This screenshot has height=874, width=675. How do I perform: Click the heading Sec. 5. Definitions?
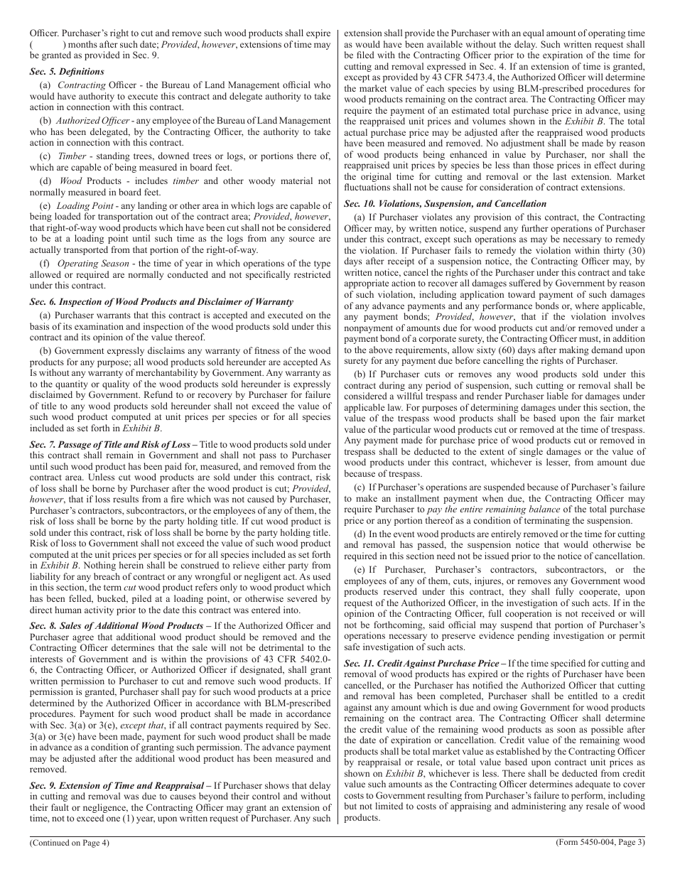67,72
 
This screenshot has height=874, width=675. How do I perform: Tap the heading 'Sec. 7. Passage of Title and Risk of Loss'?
110,444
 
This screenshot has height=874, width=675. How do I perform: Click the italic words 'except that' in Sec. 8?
139,724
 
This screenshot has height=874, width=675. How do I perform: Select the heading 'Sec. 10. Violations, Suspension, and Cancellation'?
445,203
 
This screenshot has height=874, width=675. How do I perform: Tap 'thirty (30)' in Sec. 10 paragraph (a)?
623,250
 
